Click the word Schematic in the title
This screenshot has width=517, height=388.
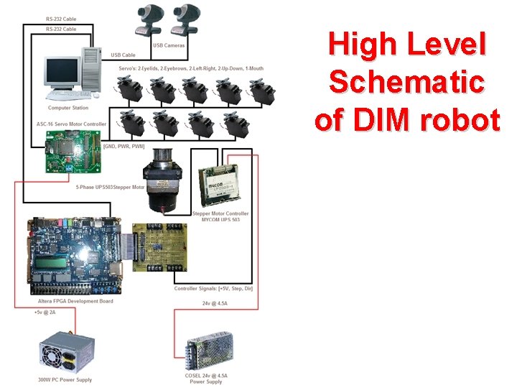tap(406, 83)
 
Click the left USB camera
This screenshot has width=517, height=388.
tap(151, 19)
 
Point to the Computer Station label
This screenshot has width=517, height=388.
tap(68, 108)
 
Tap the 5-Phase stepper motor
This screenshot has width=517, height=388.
tap(164, 180)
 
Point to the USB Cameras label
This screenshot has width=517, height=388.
tap(169, 45)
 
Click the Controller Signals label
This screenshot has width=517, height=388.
tap(213, 288)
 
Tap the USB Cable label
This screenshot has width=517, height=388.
tap(123, 55)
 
